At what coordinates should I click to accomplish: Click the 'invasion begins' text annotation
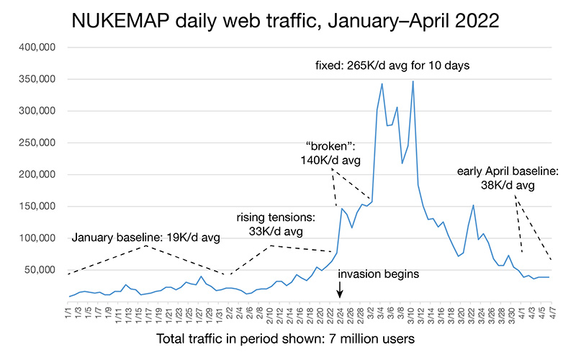click(378, 274)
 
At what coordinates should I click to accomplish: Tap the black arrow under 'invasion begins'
click(341, 289)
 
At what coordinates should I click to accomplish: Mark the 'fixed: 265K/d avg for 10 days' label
click(392, 66)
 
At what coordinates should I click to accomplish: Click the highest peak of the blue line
click(413, 81)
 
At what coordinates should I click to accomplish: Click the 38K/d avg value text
click(508, 186)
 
